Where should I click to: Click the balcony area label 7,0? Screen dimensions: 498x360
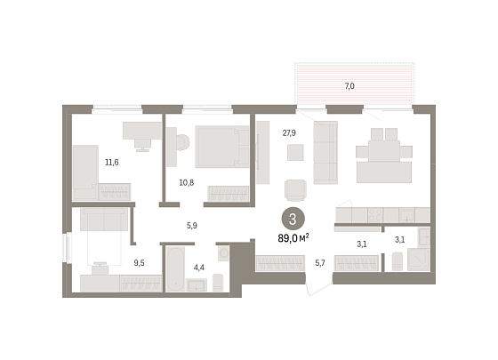click(x=349, y=86)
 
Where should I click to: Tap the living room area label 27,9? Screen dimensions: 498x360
click(x=289, y=132)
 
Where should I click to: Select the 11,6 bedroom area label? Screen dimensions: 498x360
click(x=112, y=162)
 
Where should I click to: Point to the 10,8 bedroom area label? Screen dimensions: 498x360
click(x=187, y=182)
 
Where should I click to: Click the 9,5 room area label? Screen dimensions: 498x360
click(x=139, y=263)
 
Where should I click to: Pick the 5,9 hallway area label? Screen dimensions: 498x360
click(x=192, y=226)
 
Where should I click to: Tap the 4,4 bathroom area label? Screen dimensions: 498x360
click(x=199, y=268)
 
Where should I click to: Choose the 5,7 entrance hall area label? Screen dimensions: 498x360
click(x=320, y=263)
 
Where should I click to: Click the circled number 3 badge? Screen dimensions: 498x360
click(x=293, y=219)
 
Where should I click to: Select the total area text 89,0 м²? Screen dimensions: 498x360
click(x=293, y=238)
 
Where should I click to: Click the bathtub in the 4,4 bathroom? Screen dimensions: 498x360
click(x=175, y=268)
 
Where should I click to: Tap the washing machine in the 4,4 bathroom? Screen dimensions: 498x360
click(x=223, y=253)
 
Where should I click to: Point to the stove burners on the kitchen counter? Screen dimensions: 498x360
click(x=375, y=215)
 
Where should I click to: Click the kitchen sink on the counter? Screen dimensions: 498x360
click(x=406, y=215)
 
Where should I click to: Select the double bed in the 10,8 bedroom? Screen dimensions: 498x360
click(x=222, y=147)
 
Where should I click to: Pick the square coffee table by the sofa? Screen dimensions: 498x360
click(x=295, y=152)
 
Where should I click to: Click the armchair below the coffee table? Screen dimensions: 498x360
click(x=295, y=190)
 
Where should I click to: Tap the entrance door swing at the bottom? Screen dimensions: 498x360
click(x=318, y=287)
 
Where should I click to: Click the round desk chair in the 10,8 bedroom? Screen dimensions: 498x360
click(x=182, y=142)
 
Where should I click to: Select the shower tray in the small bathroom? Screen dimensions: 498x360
click(x=418, y=260)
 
